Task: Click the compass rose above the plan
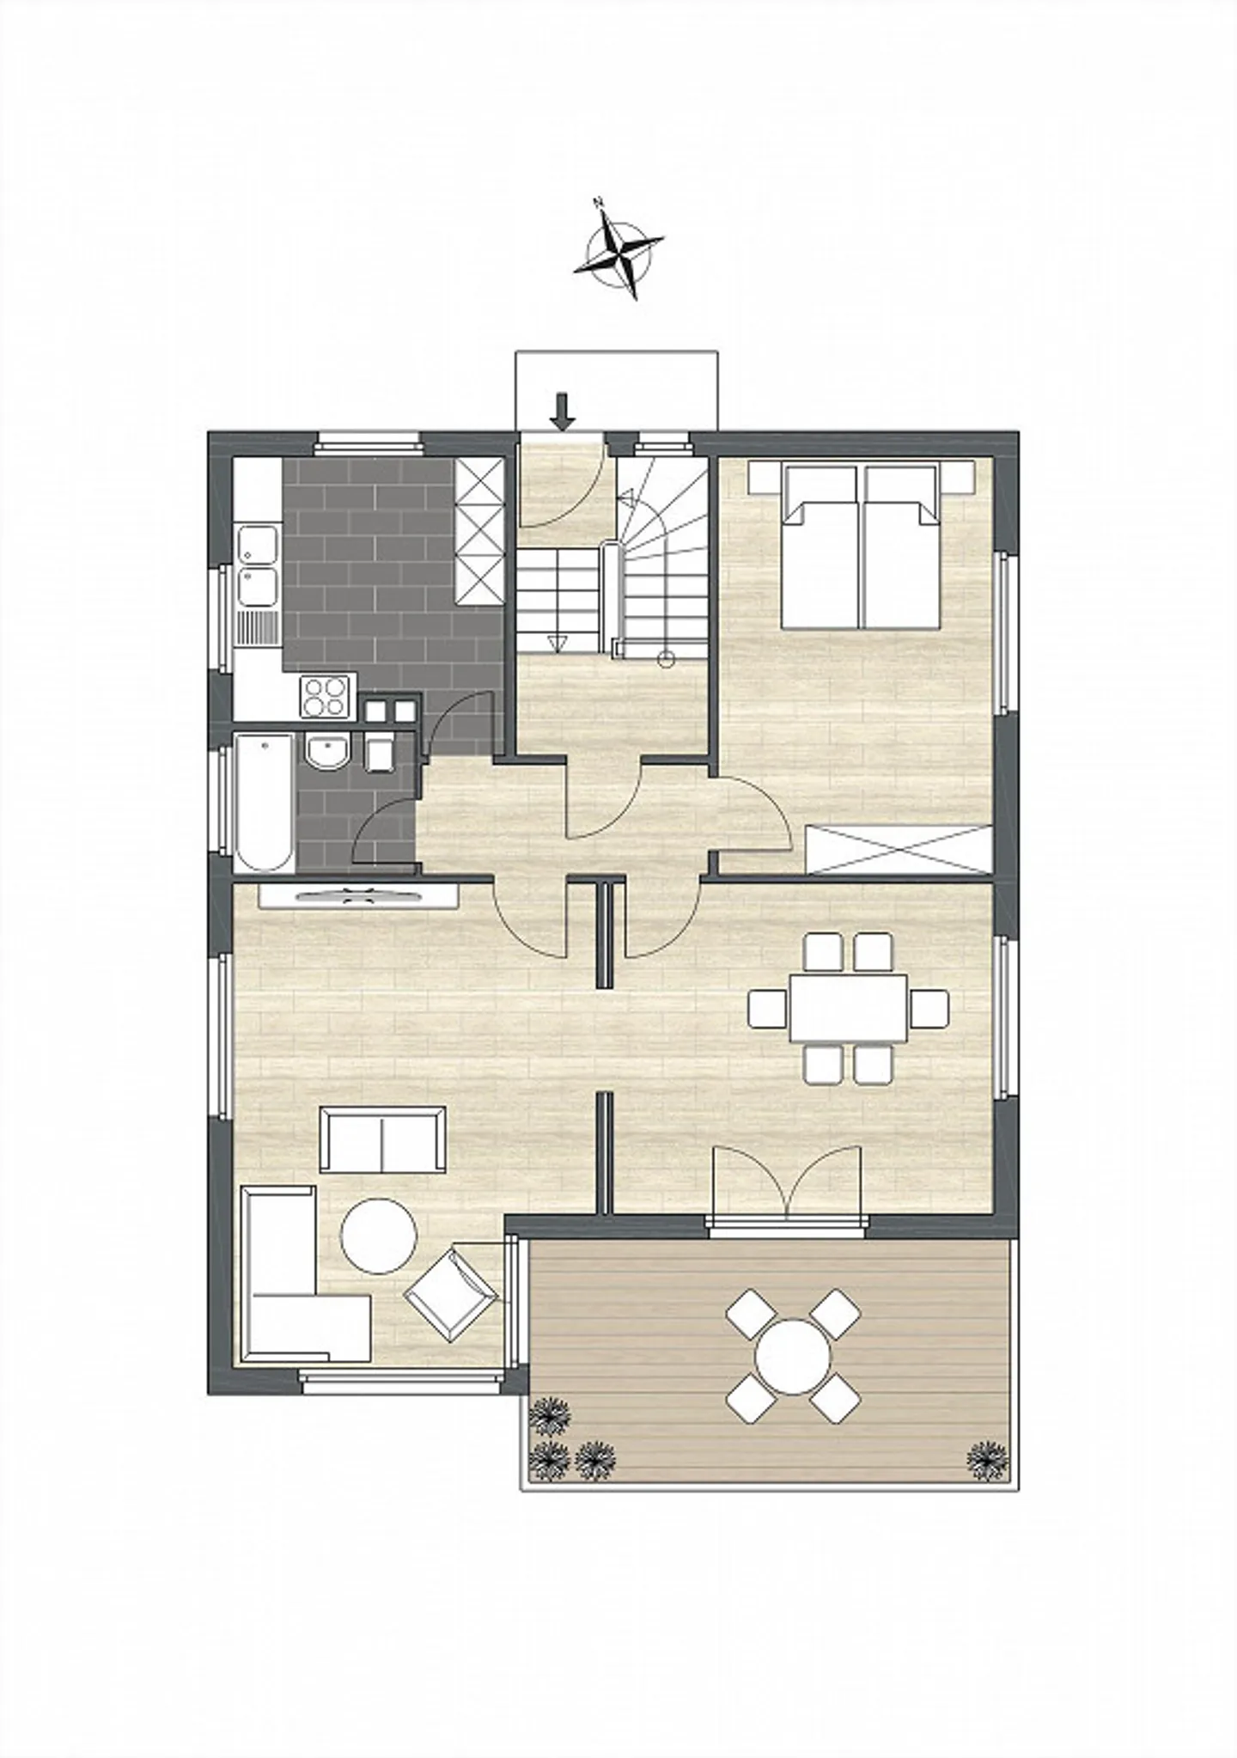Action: click(623, 255)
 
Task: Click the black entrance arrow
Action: click(563, 411)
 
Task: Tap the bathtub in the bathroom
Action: click(263, 802)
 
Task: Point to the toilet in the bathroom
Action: click(379, 753)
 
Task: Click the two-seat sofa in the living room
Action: click(382, 1139)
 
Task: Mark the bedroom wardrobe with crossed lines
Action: click(899, 849)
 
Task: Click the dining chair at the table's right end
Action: click(929, 1007)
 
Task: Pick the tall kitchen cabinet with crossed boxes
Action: click(479, 530)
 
